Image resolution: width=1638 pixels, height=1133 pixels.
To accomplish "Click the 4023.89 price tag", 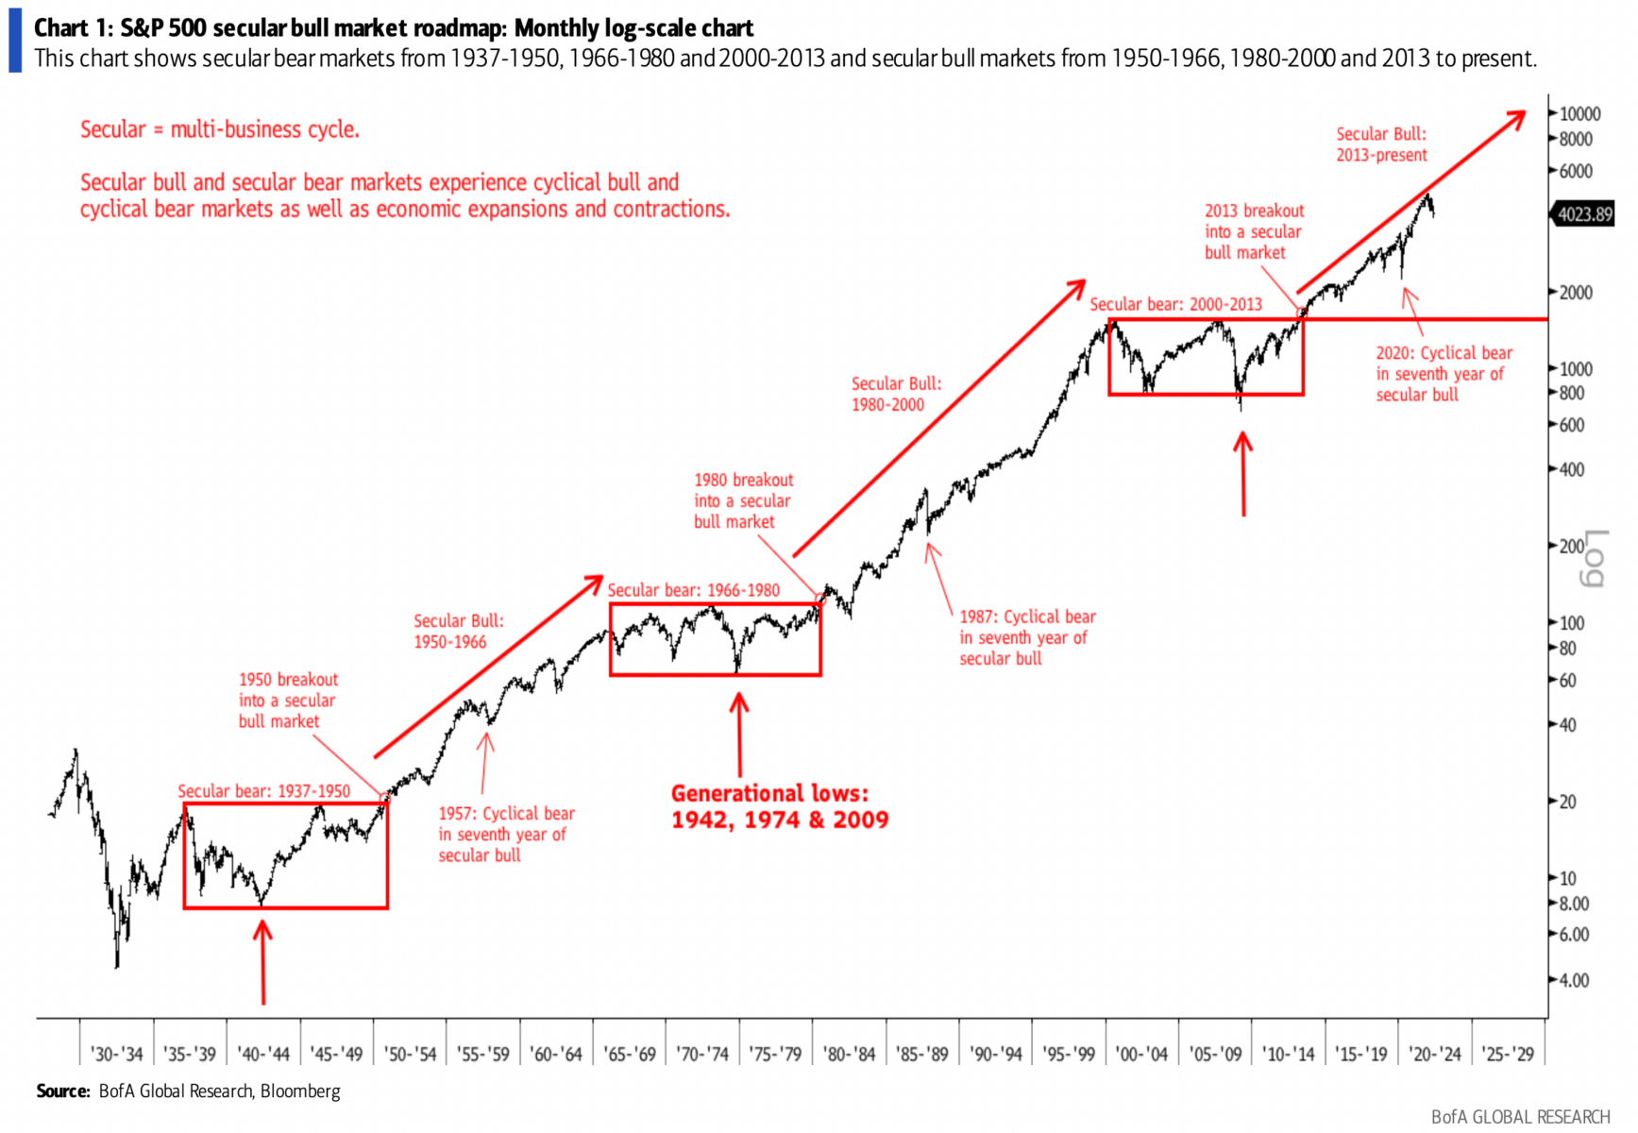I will pos(1584,214).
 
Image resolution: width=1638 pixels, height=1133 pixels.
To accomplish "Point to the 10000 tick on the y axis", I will pos(1579,113).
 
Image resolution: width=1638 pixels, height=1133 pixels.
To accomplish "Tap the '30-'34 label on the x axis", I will pos(117,1054).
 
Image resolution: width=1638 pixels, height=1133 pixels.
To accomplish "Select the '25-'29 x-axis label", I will pos(1508,1054).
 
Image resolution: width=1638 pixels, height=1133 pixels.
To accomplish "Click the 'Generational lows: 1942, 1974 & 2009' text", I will pos(779,806).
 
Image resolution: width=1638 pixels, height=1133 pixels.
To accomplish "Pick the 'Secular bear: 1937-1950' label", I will pos(263,791).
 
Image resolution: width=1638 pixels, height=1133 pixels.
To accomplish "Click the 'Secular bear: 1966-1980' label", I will pos(693,590).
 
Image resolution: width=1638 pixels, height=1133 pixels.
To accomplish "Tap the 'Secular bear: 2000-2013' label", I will pos(1175,304).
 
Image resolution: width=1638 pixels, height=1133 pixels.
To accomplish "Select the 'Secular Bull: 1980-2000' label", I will pos(896,394).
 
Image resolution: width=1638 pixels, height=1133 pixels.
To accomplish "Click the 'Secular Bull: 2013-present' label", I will pos(1380,144).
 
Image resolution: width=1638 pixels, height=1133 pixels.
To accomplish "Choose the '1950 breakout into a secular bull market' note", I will pos(287,700).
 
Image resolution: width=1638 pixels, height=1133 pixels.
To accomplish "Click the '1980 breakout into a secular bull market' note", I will pos(743,500).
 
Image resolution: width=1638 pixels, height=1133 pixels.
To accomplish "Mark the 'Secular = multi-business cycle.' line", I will pos(219,129).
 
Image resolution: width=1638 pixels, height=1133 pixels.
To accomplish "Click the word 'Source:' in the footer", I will pos(63,1091).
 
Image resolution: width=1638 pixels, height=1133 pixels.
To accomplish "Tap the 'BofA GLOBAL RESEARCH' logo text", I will pos(1520,1117).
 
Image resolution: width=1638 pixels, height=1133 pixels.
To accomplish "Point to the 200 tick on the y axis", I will pos(1571,546).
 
